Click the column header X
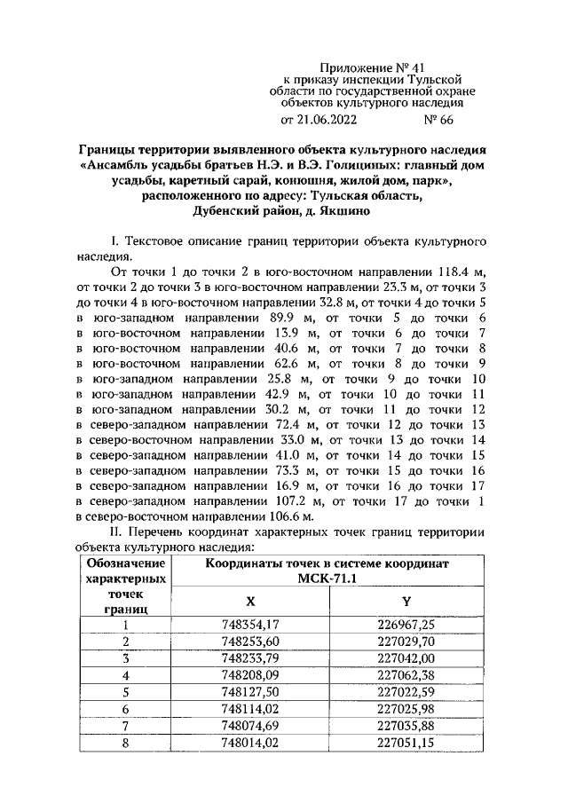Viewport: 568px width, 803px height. click(x=250, y=601)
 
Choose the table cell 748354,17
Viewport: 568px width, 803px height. click(x=250, y=625)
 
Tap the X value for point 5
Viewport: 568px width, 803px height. click(x=250, y=692)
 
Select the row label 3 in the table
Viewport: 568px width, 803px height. click(x=125, y=658)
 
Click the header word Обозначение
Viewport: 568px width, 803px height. click(x=125, y=563)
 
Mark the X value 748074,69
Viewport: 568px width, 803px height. click(x=250, y=726)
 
